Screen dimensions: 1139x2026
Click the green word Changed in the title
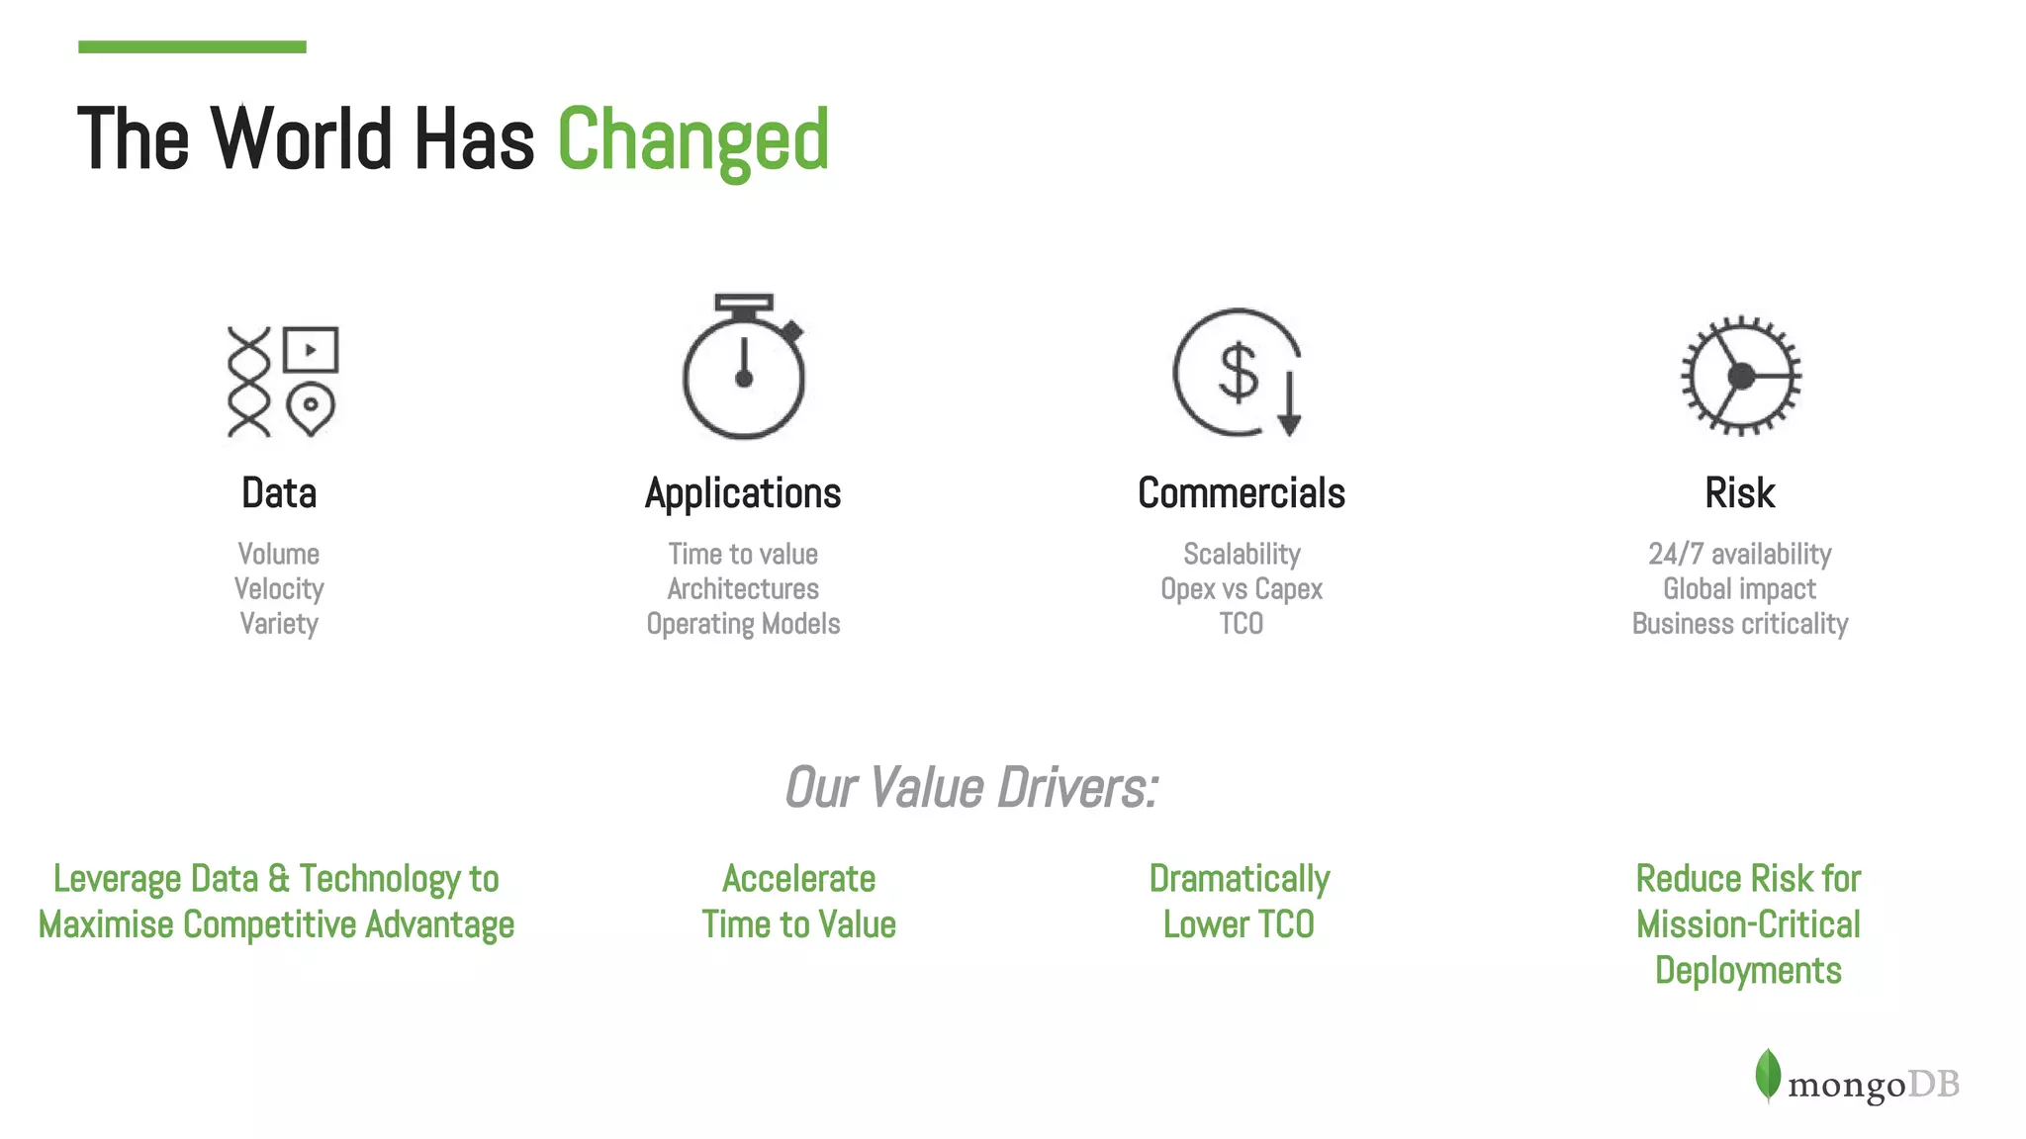[692, 140]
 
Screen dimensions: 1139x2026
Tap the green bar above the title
[192, 46]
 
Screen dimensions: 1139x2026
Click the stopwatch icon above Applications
[744, 368]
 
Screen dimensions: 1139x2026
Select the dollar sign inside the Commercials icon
[1238, 372]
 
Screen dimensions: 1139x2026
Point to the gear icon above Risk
[1741, 376]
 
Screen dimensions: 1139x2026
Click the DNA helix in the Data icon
[248, 382]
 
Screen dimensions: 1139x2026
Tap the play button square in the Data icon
[311, 349]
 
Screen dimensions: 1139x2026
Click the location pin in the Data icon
[311, 408]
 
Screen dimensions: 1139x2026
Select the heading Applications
[743, 493]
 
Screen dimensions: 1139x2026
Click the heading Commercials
[1241, 493]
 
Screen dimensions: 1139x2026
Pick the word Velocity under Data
[279, 589]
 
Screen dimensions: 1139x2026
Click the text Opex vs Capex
[1241, 589]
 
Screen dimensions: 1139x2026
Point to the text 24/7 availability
[1739, 554]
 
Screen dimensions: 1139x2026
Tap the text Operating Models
[743, 624]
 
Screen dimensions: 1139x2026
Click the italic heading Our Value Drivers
[970, 788]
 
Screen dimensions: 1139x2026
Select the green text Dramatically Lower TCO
[1239, 902]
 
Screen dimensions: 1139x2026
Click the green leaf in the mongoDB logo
[1768, 1075]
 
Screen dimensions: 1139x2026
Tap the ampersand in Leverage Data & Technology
[279, 879]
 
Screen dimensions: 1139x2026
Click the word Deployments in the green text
[1748, 971]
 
